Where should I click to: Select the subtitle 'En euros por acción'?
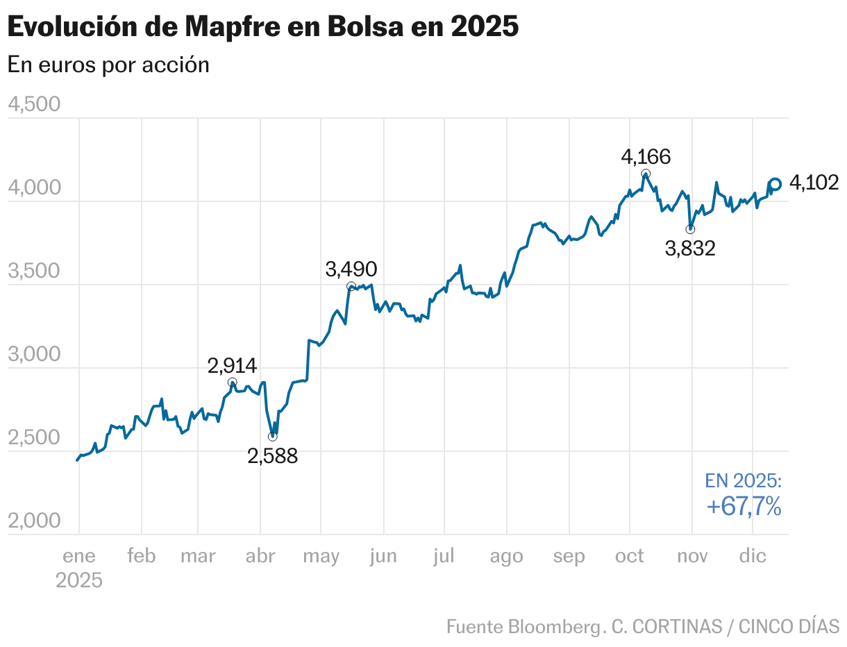(x=108, y=65)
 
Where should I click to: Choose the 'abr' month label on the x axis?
(x=260, y=556)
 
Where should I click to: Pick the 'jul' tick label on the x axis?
(x=443, y=556)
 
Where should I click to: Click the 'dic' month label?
(x=753, y=556)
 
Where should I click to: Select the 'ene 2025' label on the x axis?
(x=79, y=567)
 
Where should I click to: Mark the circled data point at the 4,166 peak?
(x=646, y=174)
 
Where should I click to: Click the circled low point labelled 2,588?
(x=272, y=436)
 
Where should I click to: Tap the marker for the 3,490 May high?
(x=351, y=286)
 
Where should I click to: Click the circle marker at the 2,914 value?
(x=233, y=383)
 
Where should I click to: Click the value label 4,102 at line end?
(x=814, y=183)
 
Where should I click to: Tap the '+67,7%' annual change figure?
(x=744, y=507)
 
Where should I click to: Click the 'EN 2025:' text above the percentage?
(x=744, y=480)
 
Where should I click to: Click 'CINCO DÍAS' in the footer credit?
(x=789, y=626)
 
